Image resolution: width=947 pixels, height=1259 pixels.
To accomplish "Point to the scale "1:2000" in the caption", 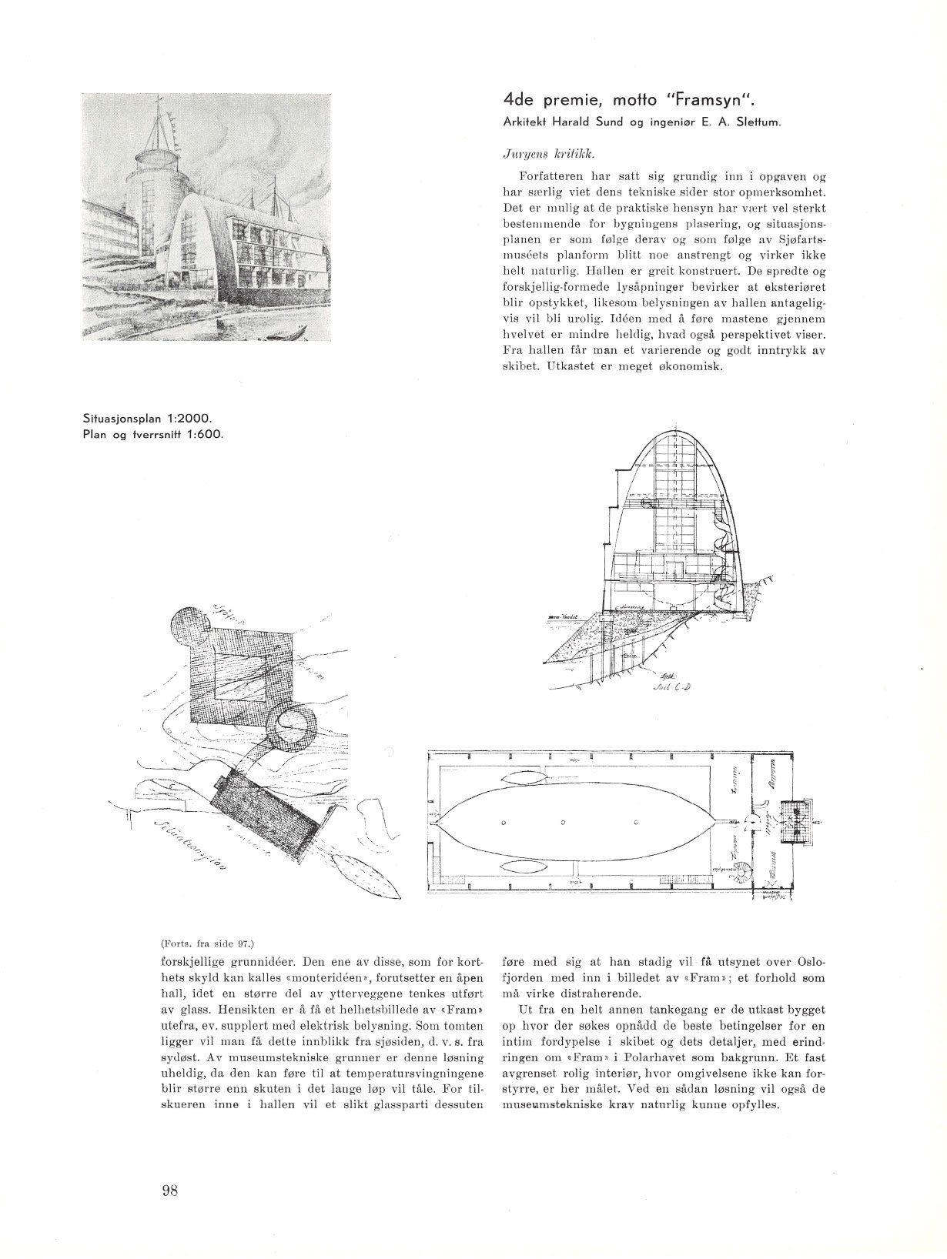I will pos(188,420).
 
